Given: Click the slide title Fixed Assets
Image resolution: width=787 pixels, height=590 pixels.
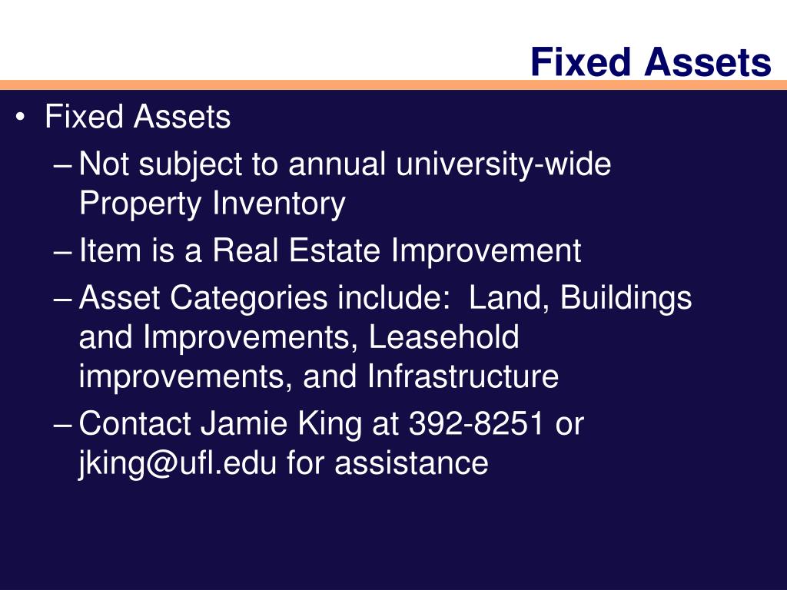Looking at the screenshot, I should click(x=650, y=62).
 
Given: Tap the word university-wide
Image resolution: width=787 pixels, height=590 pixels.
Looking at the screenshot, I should click(x=503, y=164).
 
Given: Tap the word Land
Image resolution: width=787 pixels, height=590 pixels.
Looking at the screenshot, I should click(x=506, y=299).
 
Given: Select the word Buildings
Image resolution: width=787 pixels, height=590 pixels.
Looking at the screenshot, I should click(x=626, y=299).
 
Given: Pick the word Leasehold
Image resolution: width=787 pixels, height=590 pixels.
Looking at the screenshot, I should click(x=443, y=338).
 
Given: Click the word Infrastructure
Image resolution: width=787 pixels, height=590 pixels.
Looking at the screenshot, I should click(x=463, y=377).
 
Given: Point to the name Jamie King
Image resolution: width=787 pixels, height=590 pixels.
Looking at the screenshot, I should click(x=281, y=424).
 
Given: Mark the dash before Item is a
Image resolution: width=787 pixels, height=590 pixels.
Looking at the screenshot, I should click(x=66, y=251).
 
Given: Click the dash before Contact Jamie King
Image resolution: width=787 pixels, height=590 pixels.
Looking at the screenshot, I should click(x=66, y=424).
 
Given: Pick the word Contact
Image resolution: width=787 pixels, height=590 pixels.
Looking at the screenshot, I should click(x=135, y=424).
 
